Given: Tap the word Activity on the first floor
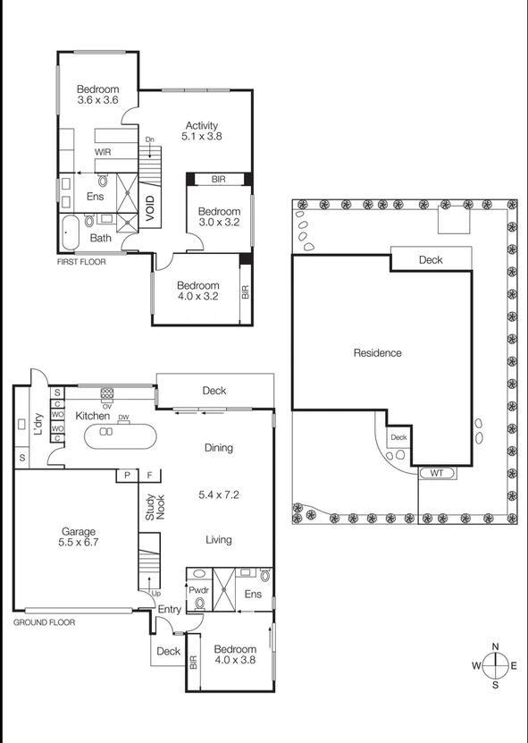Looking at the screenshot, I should point(202,125).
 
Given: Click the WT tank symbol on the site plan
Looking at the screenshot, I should point(438,473).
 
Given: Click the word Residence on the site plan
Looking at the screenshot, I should point(378,353).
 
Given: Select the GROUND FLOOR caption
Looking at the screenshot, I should point(44,621).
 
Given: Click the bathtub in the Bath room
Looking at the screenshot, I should point(71,232).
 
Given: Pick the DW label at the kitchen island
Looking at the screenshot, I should point(123,418).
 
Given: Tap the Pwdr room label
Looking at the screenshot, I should point(198,591).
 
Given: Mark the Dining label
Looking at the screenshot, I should point(219,448).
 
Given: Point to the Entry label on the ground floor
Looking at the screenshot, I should point(169,610).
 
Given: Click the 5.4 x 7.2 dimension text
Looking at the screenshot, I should point(219,493).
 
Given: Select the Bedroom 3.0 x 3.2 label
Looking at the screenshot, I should point(219,217).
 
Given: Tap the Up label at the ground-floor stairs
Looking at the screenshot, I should point(158,594).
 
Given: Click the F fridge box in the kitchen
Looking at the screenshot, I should point(151,476).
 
